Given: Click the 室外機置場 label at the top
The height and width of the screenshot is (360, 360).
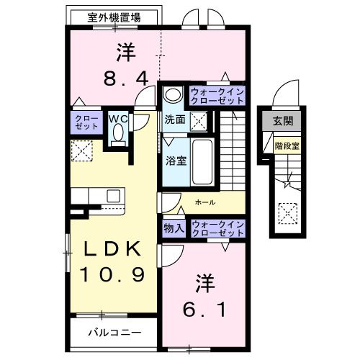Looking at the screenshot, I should pyautogui.click(x=114, y=17).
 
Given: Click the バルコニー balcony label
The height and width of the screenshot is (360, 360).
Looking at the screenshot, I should pyautogui.click(x=114, y=333).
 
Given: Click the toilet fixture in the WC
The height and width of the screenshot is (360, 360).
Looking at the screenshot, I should pyautogui.click(x=119, y=135).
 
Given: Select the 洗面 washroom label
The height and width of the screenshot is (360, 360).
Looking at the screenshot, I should pyautogui.click(x=175, y=120).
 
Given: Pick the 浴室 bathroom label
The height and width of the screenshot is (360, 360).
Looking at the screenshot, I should pyautogui.click(x=177, y=160).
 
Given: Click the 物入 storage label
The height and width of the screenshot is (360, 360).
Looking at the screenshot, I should pyautogui.click(x=174, y=228).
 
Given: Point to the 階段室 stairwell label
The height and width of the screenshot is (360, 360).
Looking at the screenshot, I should pyautogui.click(x=286, y=145).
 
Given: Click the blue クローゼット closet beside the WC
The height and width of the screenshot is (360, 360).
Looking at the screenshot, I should pyautogui.click(x=86, y=121).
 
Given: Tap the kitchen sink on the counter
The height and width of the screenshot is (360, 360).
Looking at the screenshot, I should pyautogui.click(x=114, y=196).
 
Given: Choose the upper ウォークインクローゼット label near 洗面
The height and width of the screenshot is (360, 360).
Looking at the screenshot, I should pyautogui.click(x=217, y=96).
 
